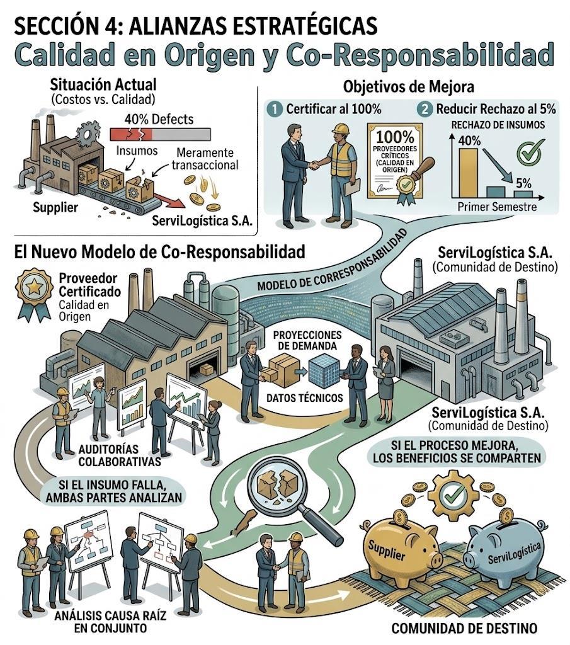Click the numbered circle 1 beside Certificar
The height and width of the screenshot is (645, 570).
[x=274, y=108]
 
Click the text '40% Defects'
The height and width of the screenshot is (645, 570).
[x=159, y=119]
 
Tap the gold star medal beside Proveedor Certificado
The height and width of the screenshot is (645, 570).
[x=33, y=288]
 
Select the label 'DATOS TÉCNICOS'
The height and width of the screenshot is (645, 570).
[x=304, y=397]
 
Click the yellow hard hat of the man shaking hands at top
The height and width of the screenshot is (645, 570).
[x=341, y=130]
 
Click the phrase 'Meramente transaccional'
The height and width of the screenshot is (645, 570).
[x=204, y=159]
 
